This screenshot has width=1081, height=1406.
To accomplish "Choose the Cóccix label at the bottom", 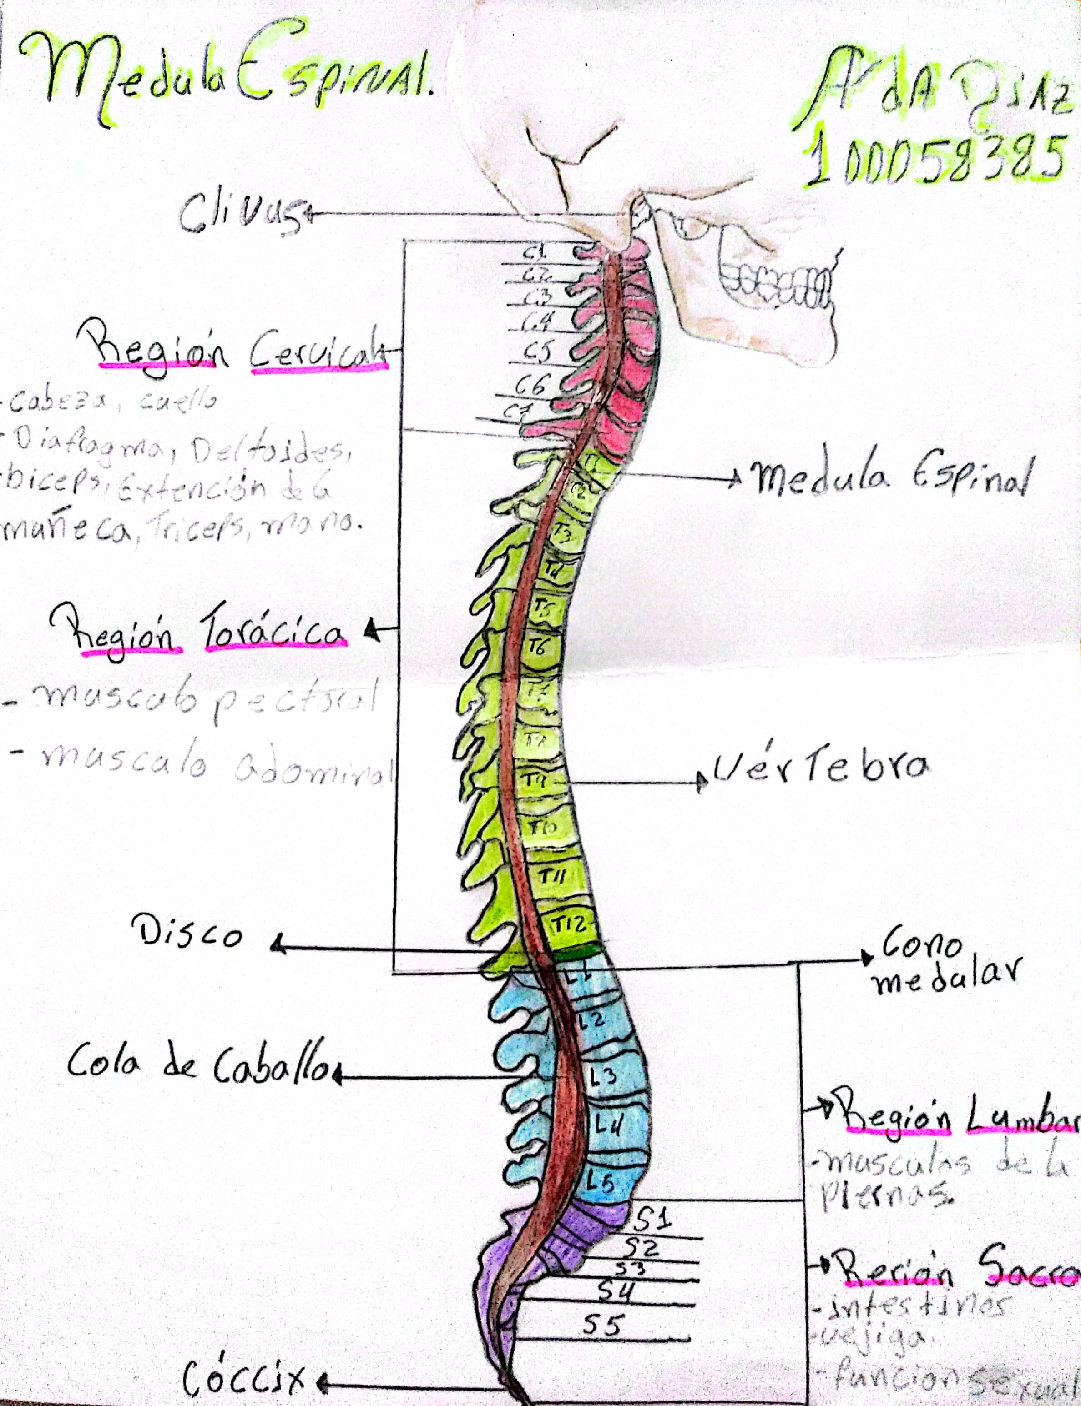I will coord(244,1376).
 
